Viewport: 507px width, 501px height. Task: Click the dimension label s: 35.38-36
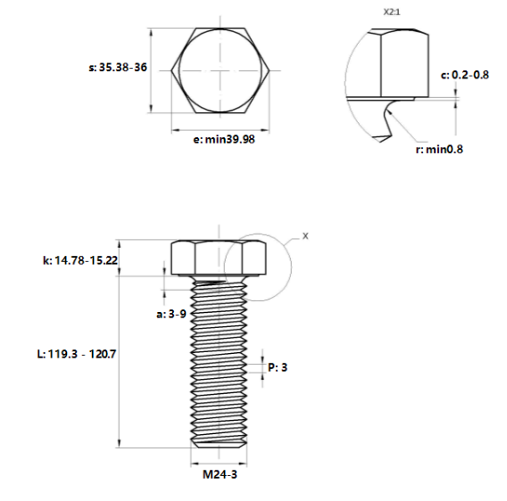click(118, 68)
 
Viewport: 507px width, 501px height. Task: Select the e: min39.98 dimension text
click(224, 140)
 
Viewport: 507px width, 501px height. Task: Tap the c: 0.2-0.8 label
click(465, 75)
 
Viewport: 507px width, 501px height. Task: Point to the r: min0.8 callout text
click(439, 149)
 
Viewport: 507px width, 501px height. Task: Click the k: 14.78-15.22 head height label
click(80, 260)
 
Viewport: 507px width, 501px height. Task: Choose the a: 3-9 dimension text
click(171, 314)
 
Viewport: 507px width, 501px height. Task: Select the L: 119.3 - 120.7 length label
click(77, 354)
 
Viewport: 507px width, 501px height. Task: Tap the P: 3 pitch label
click(278, 367)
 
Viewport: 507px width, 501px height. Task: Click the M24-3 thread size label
click(220, 474)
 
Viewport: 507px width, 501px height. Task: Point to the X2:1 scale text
click(392, 12)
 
